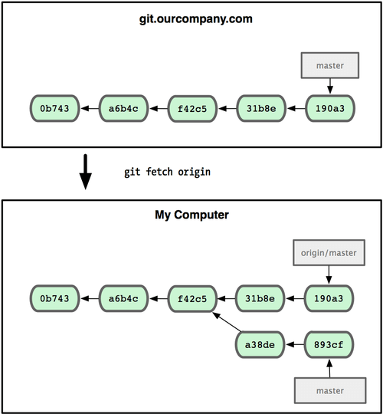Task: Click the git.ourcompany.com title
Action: [191, 18]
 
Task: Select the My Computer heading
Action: [191, 216]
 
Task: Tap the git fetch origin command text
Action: [167, 172]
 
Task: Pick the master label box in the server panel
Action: [329, 67]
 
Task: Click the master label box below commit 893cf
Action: [329, 390]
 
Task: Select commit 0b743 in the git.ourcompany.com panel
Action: [54, 109]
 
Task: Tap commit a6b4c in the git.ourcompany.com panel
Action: [123, 109]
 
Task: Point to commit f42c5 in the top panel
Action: [191, 109]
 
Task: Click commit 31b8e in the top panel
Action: [260, 109]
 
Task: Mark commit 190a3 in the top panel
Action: [329, 109]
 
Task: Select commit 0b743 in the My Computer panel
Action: [54, 297]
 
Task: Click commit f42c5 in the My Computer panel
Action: [191, 297]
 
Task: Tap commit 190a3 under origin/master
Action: [329, 297]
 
